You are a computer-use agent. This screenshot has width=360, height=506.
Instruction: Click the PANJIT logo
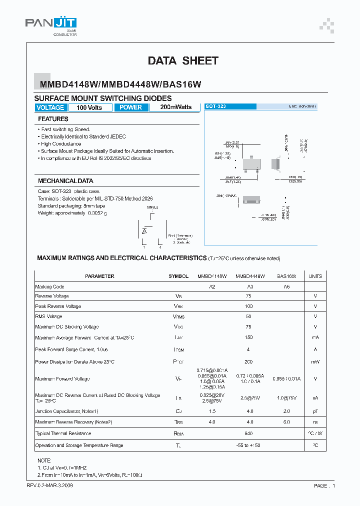click(x=51, y=25)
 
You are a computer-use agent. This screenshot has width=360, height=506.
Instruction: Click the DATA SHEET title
click(x=183, y=61)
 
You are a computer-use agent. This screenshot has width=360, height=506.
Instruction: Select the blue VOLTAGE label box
click(x=50, y=107)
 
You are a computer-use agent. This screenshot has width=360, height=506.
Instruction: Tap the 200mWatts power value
click(x=175, y=107)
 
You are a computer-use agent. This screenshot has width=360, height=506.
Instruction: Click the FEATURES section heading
click(x=53, y=119)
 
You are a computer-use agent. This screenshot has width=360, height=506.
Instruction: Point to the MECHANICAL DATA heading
click(x=65, y=181)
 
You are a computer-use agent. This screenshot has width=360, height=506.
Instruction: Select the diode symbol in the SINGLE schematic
click(x=144, y=231)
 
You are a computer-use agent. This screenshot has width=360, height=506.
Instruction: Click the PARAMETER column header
click(x=99, y=276)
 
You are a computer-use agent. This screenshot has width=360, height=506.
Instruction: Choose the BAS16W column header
click(x=286, y=276)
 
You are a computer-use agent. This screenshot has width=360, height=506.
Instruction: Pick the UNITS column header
click(x=315, y=276)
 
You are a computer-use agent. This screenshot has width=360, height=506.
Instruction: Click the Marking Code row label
click(x=50, y=287)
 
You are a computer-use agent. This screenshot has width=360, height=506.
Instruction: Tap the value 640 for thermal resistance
click(x=249, y=433)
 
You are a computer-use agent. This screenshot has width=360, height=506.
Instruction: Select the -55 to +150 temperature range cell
click(x=249, y=445)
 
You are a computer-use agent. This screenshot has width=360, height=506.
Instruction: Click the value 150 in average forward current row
click(x=249, y=338)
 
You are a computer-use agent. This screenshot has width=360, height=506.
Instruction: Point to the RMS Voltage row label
click(x=49, y=316)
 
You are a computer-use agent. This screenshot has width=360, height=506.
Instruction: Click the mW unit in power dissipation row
click(x=315, y=361)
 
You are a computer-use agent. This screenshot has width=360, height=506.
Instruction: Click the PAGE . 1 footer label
click(x=324, y=485)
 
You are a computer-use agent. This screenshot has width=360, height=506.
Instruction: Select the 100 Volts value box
click(x=89, y=107)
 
